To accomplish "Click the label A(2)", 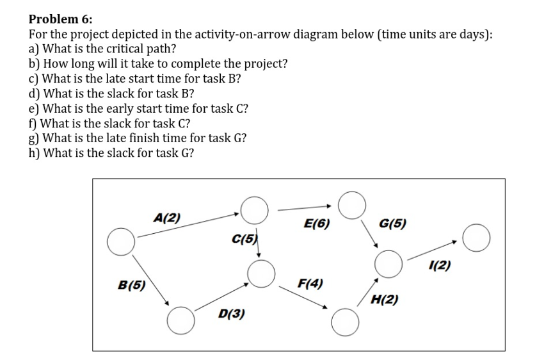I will (x=167, y=217).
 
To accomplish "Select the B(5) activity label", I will (x=131, y=286).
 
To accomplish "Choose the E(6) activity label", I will (x=317, y=224).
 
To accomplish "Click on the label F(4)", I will (x=310, y=282).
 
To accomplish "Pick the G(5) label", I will (x=392, y=224).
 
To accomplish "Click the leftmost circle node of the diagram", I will (x=120, y=240).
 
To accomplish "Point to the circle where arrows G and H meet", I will (x=389, y=263).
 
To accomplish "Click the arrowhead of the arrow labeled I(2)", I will (x=455, y=242).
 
